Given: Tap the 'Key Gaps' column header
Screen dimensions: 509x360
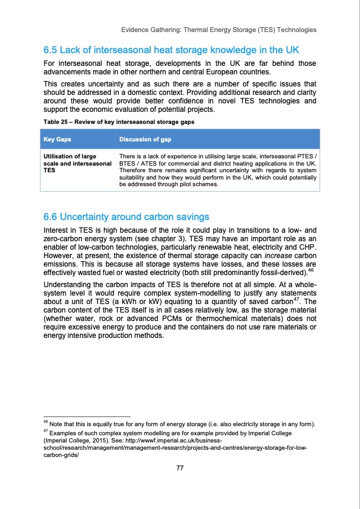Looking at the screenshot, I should (x=57, y=139).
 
